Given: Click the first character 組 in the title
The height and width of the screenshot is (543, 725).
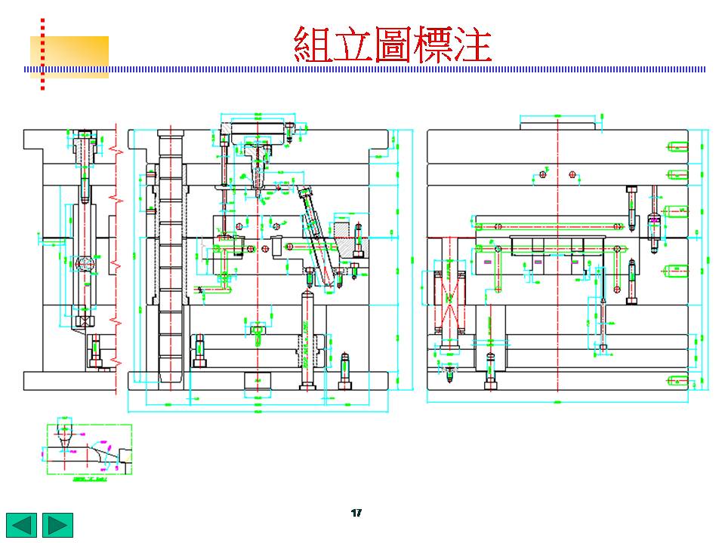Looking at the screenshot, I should click(312, 45).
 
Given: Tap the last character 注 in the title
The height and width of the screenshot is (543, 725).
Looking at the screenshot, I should click(474, 45).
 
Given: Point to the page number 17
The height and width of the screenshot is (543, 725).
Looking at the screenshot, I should click(356, 513).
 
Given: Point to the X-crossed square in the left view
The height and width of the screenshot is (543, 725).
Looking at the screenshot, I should click(84, 321).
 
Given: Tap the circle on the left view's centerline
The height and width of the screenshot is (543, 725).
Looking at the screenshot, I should click(84, 263).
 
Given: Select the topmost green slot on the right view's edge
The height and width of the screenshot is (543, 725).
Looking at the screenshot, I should click(677, 146).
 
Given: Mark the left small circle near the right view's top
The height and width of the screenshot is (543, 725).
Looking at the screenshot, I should click(542, 174).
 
